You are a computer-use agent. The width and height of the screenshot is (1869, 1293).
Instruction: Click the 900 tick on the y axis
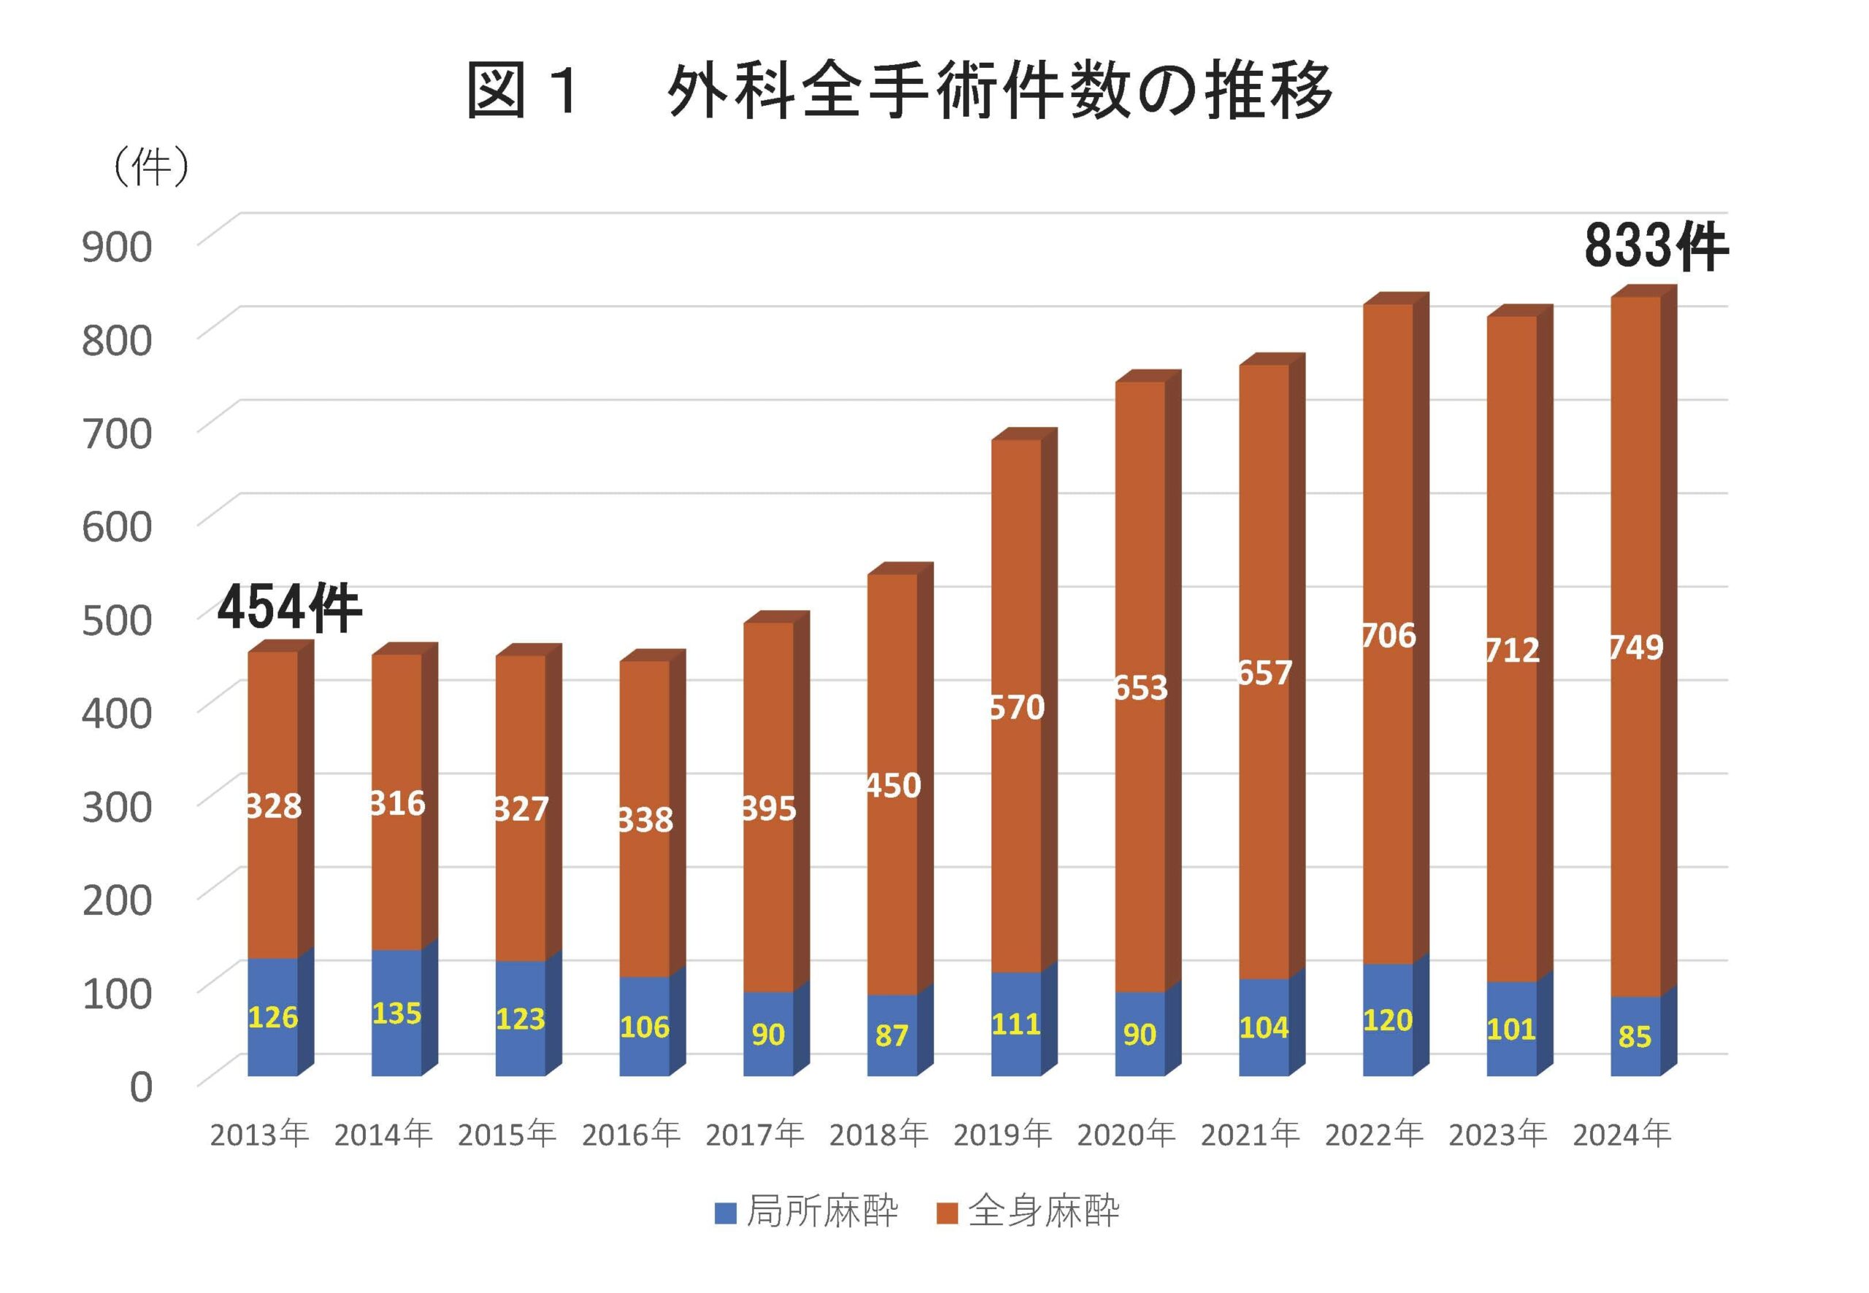117,247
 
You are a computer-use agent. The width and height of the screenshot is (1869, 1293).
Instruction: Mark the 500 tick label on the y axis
117,620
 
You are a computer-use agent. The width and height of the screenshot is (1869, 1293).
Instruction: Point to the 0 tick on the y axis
141,1086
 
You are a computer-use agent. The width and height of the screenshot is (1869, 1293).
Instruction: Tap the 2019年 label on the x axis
1002,1135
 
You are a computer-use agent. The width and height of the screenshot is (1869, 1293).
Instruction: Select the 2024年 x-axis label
1622,1135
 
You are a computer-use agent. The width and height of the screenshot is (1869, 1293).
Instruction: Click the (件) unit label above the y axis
152,168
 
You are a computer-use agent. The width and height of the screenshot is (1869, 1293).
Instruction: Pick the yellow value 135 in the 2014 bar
396,1014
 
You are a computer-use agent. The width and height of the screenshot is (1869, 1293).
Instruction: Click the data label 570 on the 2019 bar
1017,708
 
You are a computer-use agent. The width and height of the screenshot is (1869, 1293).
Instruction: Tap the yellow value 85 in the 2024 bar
1634,1036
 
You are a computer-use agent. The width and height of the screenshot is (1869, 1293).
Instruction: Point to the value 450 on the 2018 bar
893,786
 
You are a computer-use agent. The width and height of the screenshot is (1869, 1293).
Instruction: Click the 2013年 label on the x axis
259,1135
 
